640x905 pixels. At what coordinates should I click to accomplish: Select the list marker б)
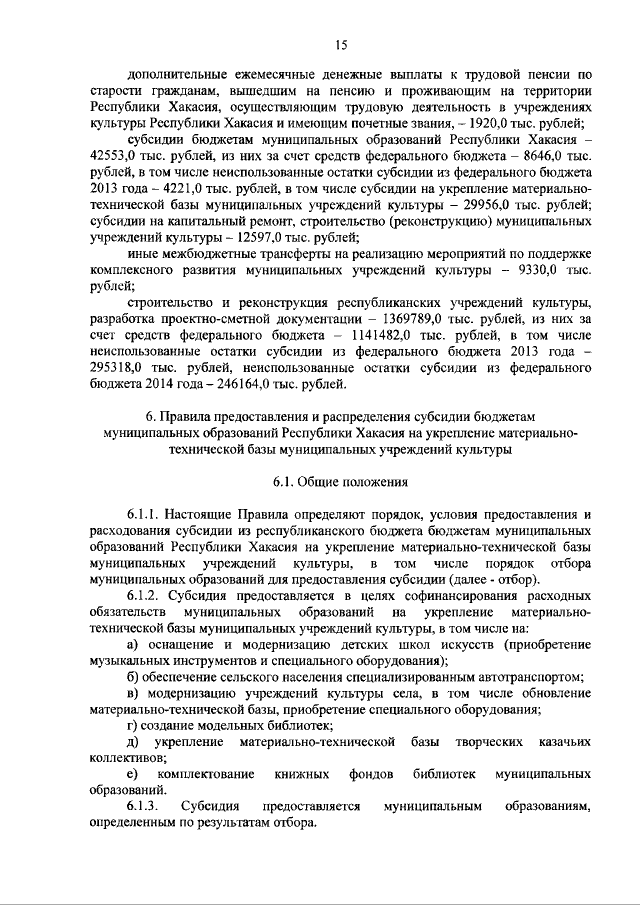coord(135,675)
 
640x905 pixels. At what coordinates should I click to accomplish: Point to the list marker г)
coord(134,723)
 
